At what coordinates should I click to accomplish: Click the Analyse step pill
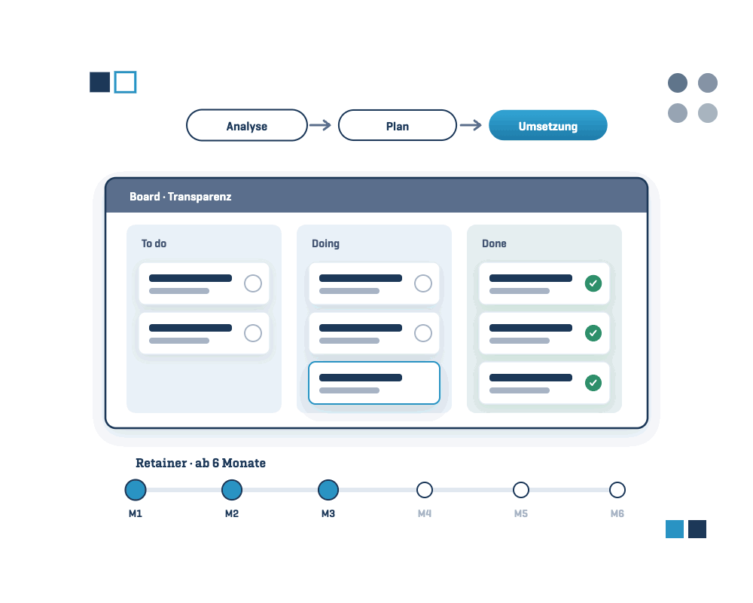pyautogui.click(x=247, y=126)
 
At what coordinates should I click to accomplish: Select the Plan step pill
pyautogui.click(x=397, y=126)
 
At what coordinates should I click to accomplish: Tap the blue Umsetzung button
pyautogui.click(x=548, y=126)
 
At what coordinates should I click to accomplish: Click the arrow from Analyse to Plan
pyautogui.click(x=320, y=126)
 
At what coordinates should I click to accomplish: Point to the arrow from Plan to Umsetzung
pyautogui.click(x=471, y=126)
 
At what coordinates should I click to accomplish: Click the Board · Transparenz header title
pyautogui.click(x=181, y=197)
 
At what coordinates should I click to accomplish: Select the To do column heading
pyautogui.click(x=154, y=243)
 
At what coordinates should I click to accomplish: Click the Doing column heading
pyautogui.click(x=325, y=243)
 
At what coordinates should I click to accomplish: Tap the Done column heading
pyautogui.click(x=494, y=243)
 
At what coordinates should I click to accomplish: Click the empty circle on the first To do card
pyautogui.click(x=253, y=283)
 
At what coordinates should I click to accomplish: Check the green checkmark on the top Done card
pyautogui.click(x=593, y=283)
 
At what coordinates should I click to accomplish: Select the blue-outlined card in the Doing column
pyautogui.click(x=374, y=383)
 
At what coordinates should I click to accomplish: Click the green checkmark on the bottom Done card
pyautogui.click(x=593, y=383)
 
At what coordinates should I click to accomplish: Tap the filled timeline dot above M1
pyautogui.click(x=136, y=490)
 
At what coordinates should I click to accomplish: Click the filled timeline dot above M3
pyautogui.click(x=328, y=490)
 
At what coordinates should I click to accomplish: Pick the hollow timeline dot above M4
pyautogui.click(x=425, y=490)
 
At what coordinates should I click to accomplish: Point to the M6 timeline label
pyautogui.click(x=617, y=513)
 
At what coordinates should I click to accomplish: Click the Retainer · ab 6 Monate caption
pyautogui.click(x=201, y=463)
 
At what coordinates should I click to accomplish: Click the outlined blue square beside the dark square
pyautogui.click(x=125, y=81)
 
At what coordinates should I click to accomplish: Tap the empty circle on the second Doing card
pyautogui.click(x=423, y=332)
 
